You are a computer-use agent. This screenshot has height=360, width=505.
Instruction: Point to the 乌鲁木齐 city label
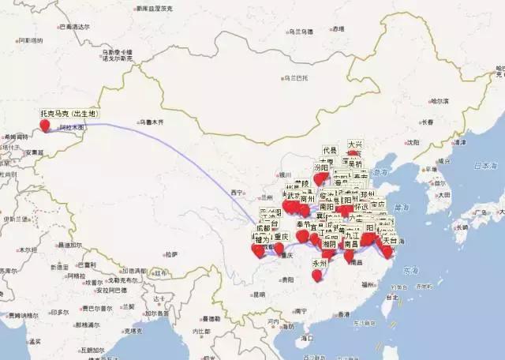[x=151, y=122]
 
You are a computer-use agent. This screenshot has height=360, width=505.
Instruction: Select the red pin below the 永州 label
[x=317, y=275]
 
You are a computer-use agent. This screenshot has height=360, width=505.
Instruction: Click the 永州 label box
[x=319, y=263]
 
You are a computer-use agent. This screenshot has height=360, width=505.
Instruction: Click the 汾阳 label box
[x=321, y=168]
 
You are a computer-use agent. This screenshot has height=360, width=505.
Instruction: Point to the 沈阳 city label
[x=413, y=142]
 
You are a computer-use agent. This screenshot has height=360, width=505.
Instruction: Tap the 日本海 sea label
[x=481, y=167]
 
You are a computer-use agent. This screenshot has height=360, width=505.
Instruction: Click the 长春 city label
[x=427, y=122]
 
